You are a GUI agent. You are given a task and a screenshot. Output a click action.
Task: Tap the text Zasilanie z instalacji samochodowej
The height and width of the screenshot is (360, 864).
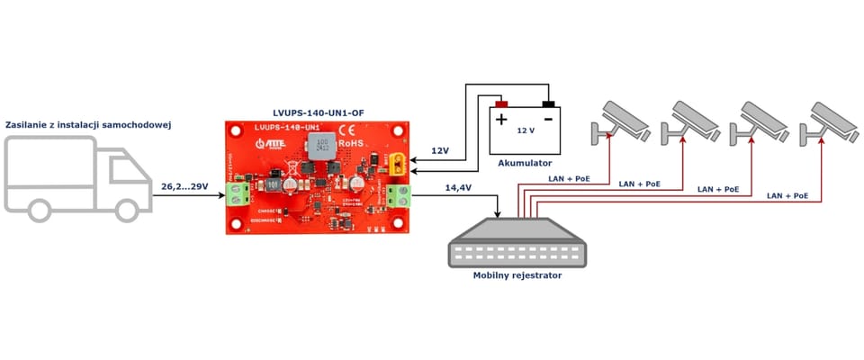click(x=88, y=124)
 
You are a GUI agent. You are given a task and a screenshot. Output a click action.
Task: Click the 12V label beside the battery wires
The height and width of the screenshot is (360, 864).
click(x=440, y=149)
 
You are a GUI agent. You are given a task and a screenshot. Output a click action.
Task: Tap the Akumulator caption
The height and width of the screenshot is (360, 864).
click(x=524, y=163)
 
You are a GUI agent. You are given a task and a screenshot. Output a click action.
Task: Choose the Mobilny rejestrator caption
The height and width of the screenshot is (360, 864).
click(x=517, y=275)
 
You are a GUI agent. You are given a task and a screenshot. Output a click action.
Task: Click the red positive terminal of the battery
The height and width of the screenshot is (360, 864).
click(x=501, y=103)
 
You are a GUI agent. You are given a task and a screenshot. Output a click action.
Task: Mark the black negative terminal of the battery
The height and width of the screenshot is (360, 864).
click(x=548, y=103)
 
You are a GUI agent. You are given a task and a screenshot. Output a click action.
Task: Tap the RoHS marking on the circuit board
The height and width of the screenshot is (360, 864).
click(x=350, y=142)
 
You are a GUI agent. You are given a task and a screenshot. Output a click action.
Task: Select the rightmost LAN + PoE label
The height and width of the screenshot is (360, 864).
click(x=787, y=195)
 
